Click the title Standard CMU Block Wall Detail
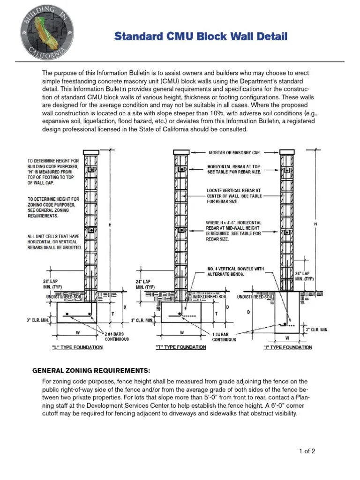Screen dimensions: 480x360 tap(201, 37)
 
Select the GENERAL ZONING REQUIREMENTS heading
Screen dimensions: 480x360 tap(91, 370)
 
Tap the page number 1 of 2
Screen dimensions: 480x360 tap(307, 451)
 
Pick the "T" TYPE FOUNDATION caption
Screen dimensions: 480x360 tap(181, 347)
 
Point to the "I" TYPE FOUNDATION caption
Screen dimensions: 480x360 tap(287, 347)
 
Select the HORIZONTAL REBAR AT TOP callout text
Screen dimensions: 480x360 tap(234, 169)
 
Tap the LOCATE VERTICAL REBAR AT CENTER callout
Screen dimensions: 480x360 tap(234, 196)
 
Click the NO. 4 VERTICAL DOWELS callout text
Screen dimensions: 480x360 tap(236, 271)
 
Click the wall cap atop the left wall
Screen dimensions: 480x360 tap(91, 152)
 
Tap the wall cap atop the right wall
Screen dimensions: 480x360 tap(287, 152)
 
